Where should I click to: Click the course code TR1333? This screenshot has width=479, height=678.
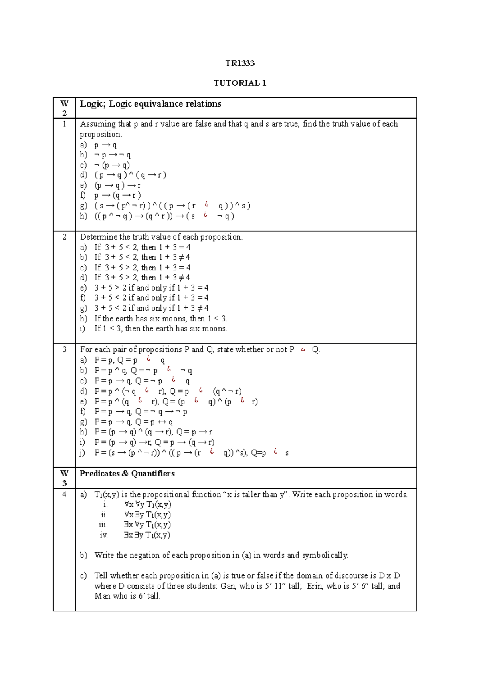[239, 63]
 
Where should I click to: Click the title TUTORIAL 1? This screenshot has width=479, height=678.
[239, 83]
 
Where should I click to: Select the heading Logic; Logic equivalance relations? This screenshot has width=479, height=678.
[150, 104]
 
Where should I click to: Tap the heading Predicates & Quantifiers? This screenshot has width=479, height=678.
[127, 474]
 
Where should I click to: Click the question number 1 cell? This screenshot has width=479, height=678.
[64, 124]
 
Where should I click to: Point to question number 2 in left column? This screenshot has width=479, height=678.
[64, 237]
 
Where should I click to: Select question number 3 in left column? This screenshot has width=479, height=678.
[64, 349]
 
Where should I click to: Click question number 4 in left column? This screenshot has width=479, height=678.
[64, 494]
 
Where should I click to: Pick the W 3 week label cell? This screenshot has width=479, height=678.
[64, 478]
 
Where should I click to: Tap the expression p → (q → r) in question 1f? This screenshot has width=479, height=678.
[117, 195]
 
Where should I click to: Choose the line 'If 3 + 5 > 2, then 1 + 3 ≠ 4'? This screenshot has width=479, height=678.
[142, 278]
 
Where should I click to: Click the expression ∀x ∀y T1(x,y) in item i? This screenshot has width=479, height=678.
[148, 504]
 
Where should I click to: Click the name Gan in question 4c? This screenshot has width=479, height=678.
[228, 586]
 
